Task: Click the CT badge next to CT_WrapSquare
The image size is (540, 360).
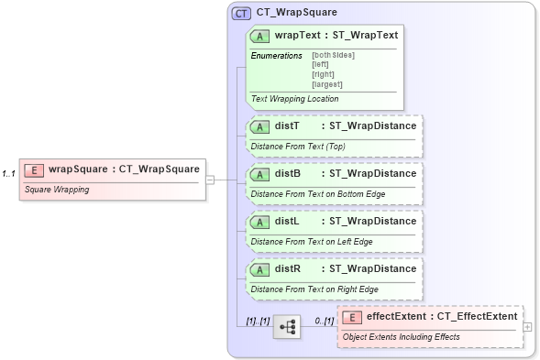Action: pyautogui.click(x=241, y=13)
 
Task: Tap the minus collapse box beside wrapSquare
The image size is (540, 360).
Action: pyautogui.click(x=210, y=180)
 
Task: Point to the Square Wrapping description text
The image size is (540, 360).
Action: pyautogui.click(x=57, y=191)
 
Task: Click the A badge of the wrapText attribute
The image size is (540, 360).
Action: pyautogui.click(x=260, y=35)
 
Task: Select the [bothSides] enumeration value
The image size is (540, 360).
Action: pyautogui.click(x=333, y=55)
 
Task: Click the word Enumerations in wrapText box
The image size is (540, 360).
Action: pyautogui.click(x=276, y=56)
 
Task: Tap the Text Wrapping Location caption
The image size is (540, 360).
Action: pyautogui.click(x=294, y=99)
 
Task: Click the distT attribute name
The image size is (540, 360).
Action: pyautogui.click(x=287, y=125)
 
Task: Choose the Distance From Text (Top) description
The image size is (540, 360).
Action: pyautogui.click(x=298, y=147)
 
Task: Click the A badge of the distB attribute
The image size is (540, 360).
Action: pyautogui.click(x=260, y=173)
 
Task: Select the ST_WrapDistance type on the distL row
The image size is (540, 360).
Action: pyautogui.click(x=372, y=221)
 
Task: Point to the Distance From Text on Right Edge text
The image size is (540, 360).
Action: pyautogui.click(x=314, y=289)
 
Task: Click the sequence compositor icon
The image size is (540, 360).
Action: pyautogui.click(x=287, y=326)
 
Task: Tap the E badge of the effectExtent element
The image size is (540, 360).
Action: pyautogui.click(x=351, y=317)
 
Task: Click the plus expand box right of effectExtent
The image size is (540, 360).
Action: pyautogui.click(x=527, y=326)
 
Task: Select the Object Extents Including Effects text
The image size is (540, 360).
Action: pyautogui.click(x=401, y=337)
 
